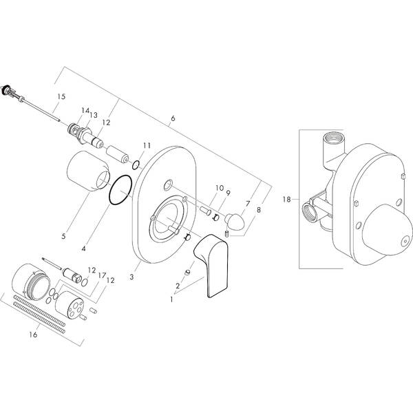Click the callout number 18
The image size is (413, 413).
286,200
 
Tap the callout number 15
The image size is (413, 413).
61,97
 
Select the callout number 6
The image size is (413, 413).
173,119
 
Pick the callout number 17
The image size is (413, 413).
100,275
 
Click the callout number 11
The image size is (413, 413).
146,145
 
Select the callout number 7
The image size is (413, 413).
248,204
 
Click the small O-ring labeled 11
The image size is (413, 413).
136,164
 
